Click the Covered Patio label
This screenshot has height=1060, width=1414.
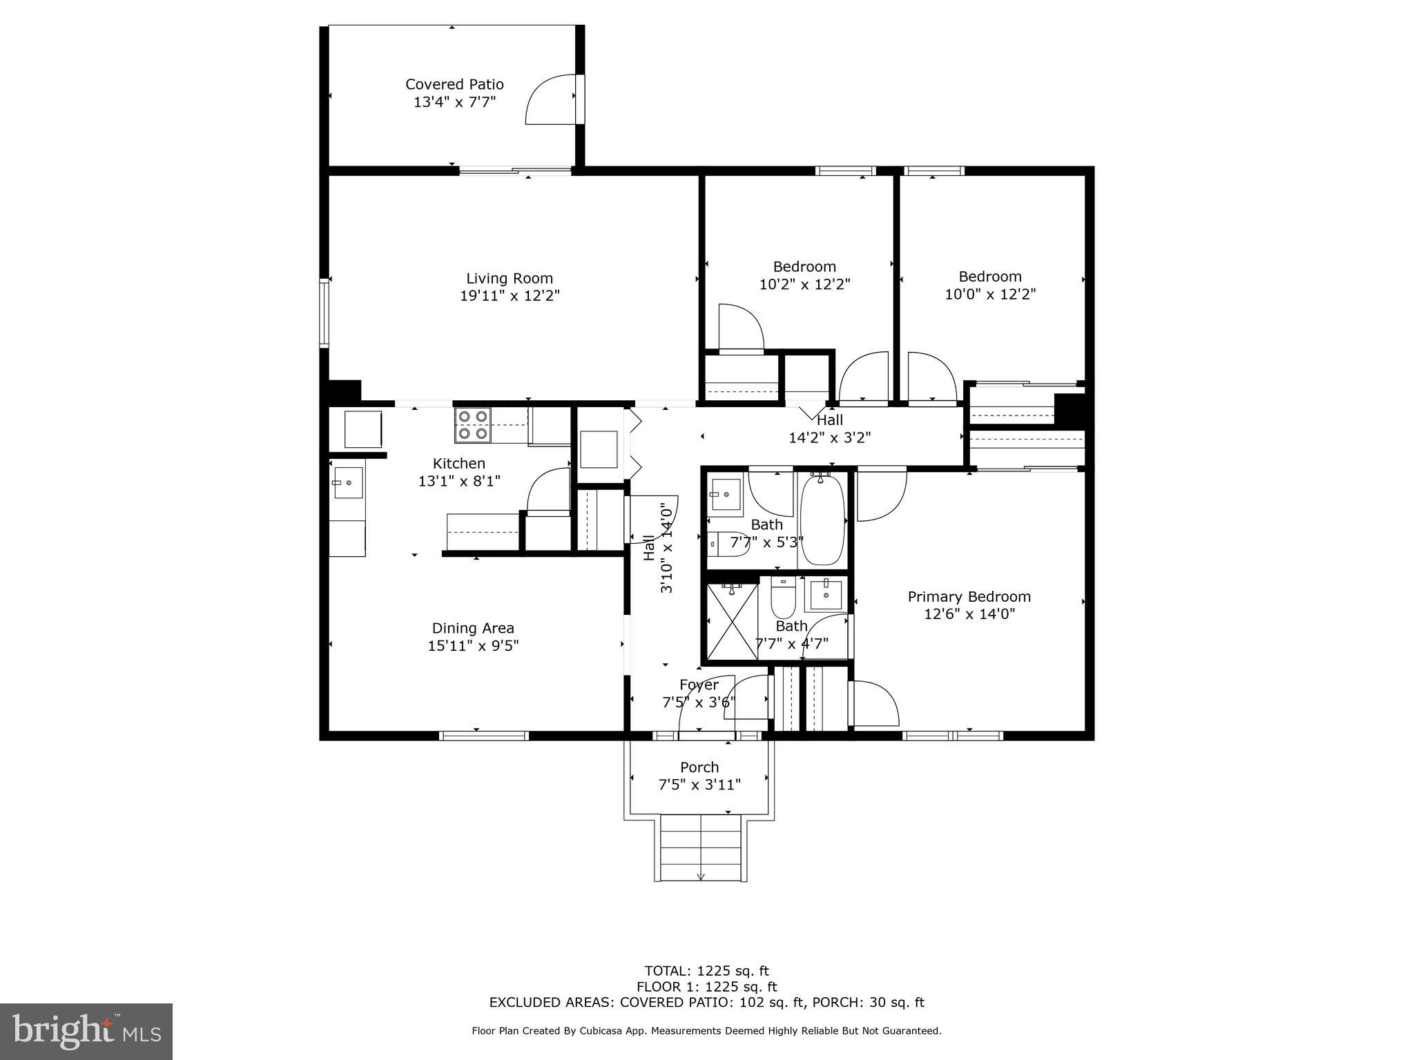point(454,84)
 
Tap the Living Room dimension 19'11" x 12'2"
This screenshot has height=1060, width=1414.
point(510,296)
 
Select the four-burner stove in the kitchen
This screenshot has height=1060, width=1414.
point(473,425)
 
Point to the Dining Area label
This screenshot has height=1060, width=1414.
point(473,628)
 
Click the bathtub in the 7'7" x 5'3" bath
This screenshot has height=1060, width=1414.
point(822,520)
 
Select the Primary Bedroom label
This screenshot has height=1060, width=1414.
point(969,597)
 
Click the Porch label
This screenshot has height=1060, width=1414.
point(699,767)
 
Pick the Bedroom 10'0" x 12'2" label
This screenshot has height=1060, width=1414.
point(990,277)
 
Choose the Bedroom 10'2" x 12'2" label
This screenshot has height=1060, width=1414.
point(804,267)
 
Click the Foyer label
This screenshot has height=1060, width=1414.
point(699,685)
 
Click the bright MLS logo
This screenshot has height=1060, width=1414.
point(86,1031)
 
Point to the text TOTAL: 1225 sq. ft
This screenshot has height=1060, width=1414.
point(706,972)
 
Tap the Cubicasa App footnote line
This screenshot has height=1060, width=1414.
point(706,1031)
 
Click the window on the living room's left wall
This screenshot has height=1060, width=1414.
point(324,313)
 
